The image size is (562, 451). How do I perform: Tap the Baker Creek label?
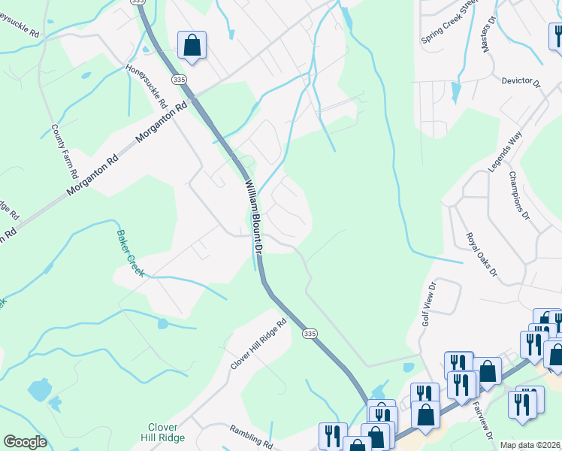coord(129,253)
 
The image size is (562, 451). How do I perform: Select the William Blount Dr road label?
coord(254,214)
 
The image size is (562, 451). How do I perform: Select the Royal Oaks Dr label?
coord(481,255)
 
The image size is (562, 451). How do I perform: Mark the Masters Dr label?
coord(488,35)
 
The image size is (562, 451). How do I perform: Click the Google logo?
coord(25,442)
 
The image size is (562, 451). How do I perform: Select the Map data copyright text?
coord(530,445)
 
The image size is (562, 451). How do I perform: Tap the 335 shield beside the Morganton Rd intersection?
coord(179,79)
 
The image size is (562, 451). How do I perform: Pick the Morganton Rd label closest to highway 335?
coord(160,124)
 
